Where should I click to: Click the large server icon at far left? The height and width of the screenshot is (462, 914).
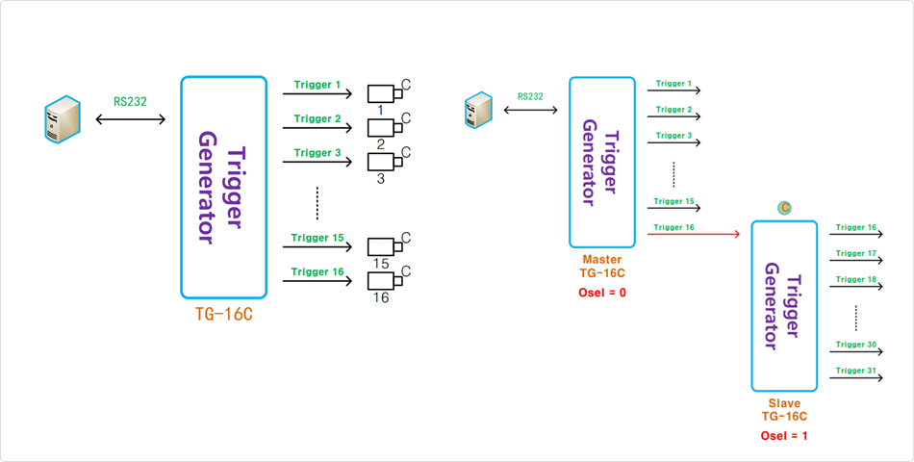(61, 118)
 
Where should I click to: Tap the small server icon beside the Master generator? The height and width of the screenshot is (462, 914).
(478, 109)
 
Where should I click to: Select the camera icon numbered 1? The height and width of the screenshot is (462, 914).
(384, 93)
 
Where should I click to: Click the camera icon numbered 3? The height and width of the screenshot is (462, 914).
(384, 161)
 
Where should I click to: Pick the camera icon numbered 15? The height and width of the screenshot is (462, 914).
(384, 245)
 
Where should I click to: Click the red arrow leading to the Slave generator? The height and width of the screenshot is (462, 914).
(693, 234)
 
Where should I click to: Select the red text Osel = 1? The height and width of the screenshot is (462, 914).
(784, 436)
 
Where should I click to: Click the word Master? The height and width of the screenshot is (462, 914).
(602, 260)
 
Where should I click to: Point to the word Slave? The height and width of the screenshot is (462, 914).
(784, 403)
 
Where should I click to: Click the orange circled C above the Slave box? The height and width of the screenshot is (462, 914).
(784, 207)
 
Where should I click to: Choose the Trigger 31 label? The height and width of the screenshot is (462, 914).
(855, 371)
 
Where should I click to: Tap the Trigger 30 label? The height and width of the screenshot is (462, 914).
(855, 345)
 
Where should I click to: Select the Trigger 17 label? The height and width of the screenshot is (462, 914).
(855, 254)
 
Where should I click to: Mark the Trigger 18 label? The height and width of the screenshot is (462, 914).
(855, 280)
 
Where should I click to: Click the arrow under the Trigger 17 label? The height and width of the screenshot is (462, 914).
(855, 260)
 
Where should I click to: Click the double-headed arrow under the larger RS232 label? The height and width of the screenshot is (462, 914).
(131, 119)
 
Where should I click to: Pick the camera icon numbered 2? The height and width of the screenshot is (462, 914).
(384, 127)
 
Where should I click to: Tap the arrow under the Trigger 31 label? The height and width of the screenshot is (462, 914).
(855, 377)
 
